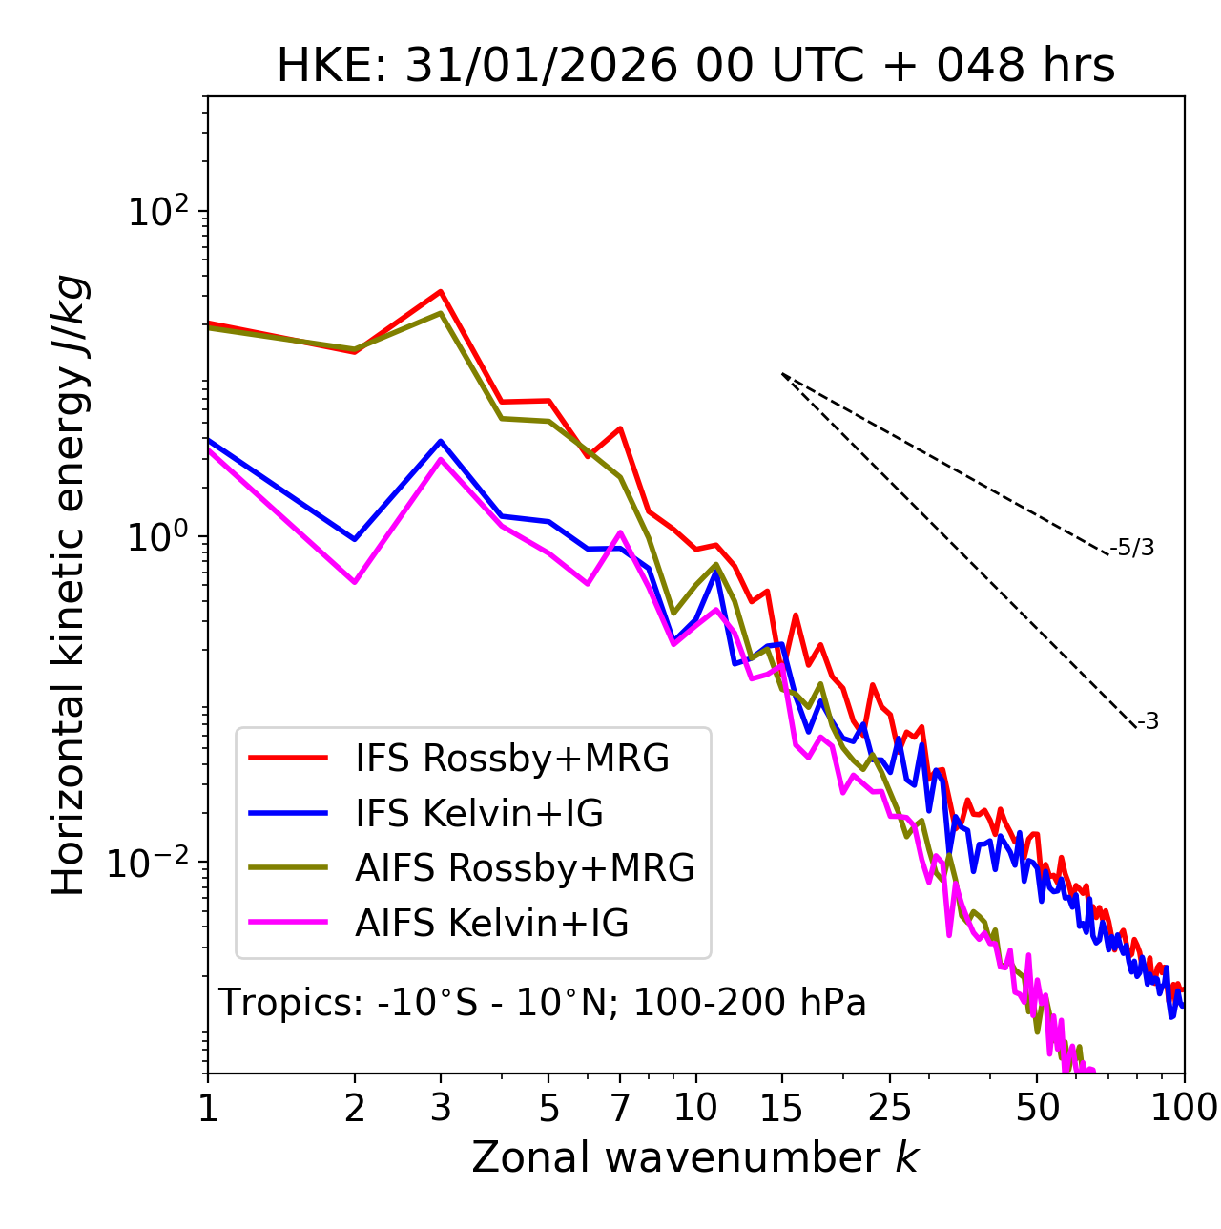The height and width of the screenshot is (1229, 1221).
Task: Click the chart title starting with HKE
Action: pyautogui.click(x=695, y=67)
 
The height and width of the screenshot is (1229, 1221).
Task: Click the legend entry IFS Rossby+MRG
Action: pyautogui.click(x=512, y=758)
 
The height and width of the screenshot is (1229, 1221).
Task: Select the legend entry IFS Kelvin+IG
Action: pyautogui.click(x=480, y=813)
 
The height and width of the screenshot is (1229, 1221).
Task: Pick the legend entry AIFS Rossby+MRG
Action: pyautogui.click(x=525, y=867)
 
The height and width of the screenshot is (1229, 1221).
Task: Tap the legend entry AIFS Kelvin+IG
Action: pyautogui.click(x=492, y=923)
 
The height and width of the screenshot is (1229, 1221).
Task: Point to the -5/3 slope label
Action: pyautogui.click(x=1132, y=548)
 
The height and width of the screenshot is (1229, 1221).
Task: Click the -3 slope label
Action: pyautogui.click(x=1148, y=721)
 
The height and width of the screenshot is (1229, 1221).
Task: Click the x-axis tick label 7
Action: pyautogui.click(x=620, y=1108)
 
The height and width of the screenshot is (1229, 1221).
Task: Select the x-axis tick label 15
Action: pyautogui.click(x=781, y=1108)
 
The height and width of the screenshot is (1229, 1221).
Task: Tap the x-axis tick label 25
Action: pyautogui.click(x=890, y=1108)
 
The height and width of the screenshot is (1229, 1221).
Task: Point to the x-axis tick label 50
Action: pyautogui.click(x=1037, y=1108)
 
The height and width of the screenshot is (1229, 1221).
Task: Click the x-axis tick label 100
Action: pyautogui.click(x=1183, y=1108)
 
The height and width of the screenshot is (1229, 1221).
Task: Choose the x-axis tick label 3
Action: pyautogui.click(x=441, y=1108)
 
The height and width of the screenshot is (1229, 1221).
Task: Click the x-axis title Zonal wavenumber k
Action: pyautogui.click(x=695, y=1157)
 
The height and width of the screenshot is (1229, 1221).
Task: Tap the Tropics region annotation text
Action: pyautogui.click(x=543, y=1003)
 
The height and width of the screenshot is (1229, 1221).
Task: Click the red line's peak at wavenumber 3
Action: pyautogui.click(x=441, y=291)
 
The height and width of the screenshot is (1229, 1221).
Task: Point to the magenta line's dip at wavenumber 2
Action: pyautogui.click(x=355, y=582)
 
